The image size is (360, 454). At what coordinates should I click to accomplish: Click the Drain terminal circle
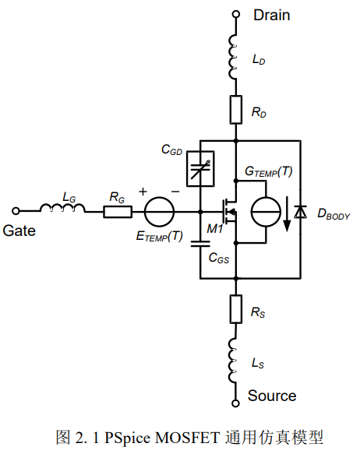click(x=236, y=14)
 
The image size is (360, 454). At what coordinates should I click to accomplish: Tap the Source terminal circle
click(x=236, y=403)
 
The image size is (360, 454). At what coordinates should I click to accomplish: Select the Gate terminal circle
click(x=16, y=211)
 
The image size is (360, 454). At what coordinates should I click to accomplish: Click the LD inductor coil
click(x=232, y=57)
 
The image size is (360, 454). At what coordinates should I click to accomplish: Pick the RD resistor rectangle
click(x=236, y=110)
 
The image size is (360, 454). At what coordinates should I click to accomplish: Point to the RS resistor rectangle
click(x=236, y=309)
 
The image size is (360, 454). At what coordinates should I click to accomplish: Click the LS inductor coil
click(x=232, y=361)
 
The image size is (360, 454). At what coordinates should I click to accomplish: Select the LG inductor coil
click(x=62, y=208)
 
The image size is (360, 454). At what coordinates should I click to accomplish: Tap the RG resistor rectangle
click(x=118, y=212)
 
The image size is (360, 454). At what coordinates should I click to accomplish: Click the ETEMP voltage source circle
click(x=159, y=212)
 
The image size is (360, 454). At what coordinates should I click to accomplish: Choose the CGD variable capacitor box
click(x=200, y=168)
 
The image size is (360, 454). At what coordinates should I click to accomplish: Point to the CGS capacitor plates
click(x=200, y=244)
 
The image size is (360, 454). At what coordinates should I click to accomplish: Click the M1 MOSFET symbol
click(x=230, y=212)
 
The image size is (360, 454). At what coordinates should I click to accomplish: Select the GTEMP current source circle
click(x=266, y=212)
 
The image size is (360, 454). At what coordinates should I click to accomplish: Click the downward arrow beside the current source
click(x=287, y=214)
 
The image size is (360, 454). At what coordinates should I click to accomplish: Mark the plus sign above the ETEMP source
click(x=143, y=192)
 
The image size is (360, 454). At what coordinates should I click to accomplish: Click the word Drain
click(x=272, y=15)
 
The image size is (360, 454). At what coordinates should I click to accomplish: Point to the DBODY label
click(x=334, y=214)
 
